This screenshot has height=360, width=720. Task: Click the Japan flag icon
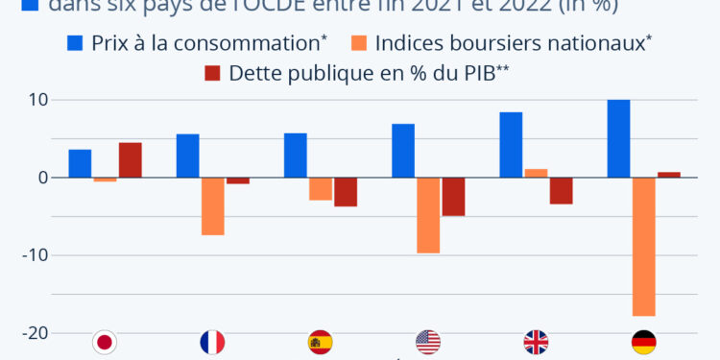(x=104, y=342)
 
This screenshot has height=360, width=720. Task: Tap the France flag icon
(x=212, y=342)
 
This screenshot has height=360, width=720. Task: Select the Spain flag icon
(x=320, y=342)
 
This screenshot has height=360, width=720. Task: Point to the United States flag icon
(x=428, y=342)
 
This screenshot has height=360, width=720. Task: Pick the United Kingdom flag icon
(x=536, y=342)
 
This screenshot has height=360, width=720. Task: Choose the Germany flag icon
(x=643, y=342)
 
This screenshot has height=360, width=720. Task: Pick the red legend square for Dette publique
(x=212, y=73)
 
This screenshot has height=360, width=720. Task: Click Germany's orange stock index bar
(x=643, y=247)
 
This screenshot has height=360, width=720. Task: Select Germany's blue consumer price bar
(x=619, y=138)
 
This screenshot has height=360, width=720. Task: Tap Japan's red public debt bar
(x=130, y=160)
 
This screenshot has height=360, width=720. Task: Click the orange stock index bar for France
(x=212, y=206)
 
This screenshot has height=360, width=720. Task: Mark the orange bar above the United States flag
(x=428, y=215)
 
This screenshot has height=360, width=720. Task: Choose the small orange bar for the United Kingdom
(x=536, y=173)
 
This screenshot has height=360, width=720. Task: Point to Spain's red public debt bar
(x=346, y=192)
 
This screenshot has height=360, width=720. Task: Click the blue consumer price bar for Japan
(x=81, y=163)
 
